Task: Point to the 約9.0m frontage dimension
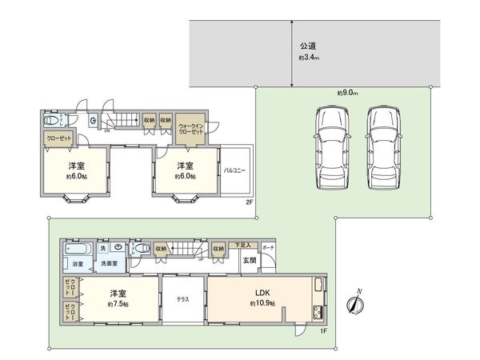click(x=346, y=93)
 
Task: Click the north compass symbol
click(x=355, y=305)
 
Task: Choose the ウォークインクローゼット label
click(x=190, y=129)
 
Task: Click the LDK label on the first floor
click(x=262, y=294)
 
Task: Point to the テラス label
click(x=182, y=299)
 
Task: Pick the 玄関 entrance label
click(x=249, y=260)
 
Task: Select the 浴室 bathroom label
click(x=78, y=263)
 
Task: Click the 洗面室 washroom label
click(x=109, y=263)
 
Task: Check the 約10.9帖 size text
click(x=262, y=305)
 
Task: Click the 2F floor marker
click(x=249, y=202)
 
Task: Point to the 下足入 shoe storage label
click(x=242, y=245)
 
